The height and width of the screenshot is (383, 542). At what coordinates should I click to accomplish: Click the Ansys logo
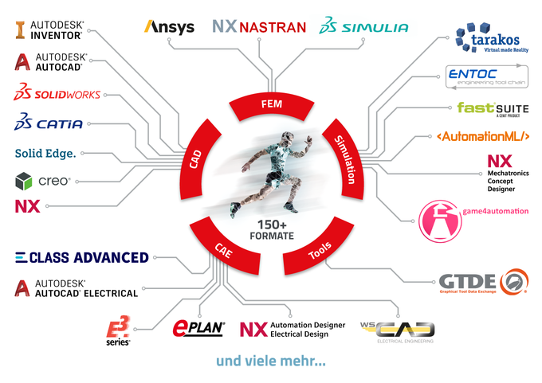coord(169,27)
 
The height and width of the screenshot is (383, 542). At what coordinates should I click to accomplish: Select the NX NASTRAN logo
coord(259,27)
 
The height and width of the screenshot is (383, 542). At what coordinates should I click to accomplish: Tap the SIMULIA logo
coord(363,27)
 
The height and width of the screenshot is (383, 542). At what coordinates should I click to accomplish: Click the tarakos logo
coord(492,39)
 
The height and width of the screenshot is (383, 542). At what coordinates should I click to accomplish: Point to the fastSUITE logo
coord(492,107)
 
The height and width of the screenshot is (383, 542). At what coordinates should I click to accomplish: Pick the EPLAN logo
coord(199,326)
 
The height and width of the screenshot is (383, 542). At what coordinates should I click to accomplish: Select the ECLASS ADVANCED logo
coord(82,257)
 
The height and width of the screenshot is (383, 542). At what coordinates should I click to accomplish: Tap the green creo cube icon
coord(24,182)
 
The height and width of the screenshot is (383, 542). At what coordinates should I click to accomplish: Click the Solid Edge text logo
coord(45,153)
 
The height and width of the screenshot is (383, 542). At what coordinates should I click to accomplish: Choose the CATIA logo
coord(49,123)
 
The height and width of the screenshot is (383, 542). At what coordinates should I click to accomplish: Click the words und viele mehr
coord(270,361)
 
